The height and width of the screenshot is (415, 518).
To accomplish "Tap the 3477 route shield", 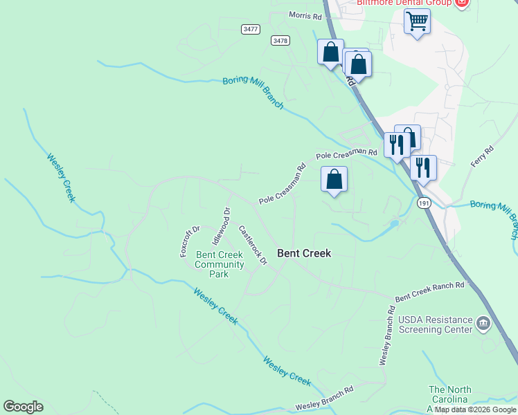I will (251, 29).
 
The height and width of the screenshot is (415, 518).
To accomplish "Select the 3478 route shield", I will (280, 41).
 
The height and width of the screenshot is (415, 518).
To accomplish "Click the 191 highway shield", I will (424, 203).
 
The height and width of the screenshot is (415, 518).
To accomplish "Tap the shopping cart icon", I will (417, 21).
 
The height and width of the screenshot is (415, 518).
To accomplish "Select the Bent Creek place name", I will (304, 253).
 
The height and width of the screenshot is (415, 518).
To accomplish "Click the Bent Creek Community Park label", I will (220, 264).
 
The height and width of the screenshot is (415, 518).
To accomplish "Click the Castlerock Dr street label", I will (253, 245).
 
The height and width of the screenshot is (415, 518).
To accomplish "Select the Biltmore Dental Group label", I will (404, 3).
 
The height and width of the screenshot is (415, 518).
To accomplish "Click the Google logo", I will (23, 407).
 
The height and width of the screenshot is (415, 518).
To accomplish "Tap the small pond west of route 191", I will (393, 224).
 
